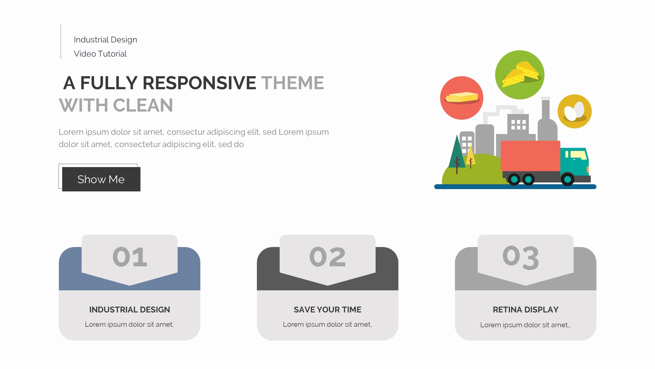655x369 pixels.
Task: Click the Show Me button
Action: point(101,179)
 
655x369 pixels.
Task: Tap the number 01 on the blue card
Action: point(130,257)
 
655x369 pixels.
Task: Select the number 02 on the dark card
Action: point(327,257)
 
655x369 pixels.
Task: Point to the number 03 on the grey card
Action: point(521,257)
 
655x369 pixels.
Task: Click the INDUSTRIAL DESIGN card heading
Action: point(129,310)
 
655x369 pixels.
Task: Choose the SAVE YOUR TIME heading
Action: point(327,310)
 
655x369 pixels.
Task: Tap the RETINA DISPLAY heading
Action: point(526,310)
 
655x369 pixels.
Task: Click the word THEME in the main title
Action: point(292,83)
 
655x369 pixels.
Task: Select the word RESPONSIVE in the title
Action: point(199,83)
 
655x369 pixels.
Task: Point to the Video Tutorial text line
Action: point(100,54)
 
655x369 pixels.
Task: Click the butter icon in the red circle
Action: point(462,98)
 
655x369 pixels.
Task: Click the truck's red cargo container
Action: point(530,156)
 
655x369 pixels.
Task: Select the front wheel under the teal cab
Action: point(567,179)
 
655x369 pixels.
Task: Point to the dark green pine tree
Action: point(457,154)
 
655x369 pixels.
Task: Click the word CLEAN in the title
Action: point(143,105)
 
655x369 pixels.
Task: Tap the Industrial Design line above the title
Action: point(105,40)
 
